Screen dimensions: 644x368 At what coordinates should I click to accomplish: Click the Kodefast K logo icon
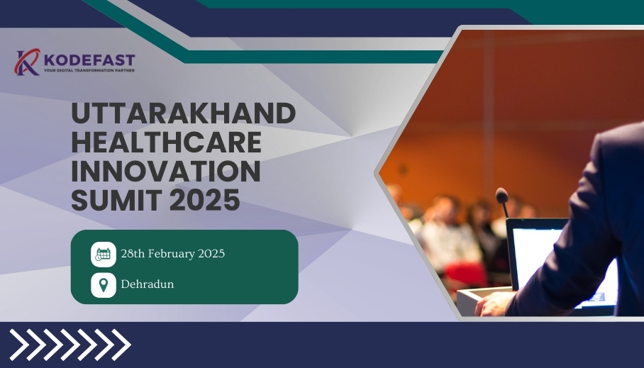pos(27,62)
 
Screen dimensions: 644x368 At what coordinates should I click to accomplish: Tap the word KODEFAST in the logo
pos(89,60)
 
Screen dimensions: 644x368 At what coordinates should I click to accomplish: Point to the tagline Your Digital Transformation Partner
pos(89,71)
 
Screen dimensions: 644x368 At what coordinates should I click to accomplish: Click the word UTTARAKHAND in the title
pos(183,113)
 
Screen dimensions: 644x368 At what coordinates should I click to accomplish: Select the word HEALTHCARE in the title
pos(167,142)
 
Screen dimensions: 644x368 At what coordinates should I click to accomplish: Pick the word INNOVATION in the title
pos(166,171)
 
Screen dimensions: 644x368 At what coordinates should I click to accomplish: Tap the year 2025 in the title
pos(204,200)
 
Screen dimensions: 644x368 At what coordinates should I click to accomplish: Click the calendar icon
pos(104,255)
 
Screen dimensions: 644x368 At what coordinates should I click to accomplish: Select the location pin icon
pos(104,285)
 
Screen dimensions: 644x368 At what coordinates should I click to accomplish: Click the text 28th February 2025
pos(173,254)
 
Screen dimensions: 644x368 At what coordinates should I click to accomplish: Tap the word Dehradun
pos(148,284)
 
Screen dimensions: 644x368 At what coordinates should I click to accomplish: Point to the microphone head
pos(502,196)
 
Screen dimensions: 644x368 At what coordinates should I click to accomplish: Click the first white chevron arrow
pos(19,345)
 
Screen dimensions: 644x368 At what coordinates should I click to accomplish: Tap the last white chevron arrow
pos(121,345)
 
